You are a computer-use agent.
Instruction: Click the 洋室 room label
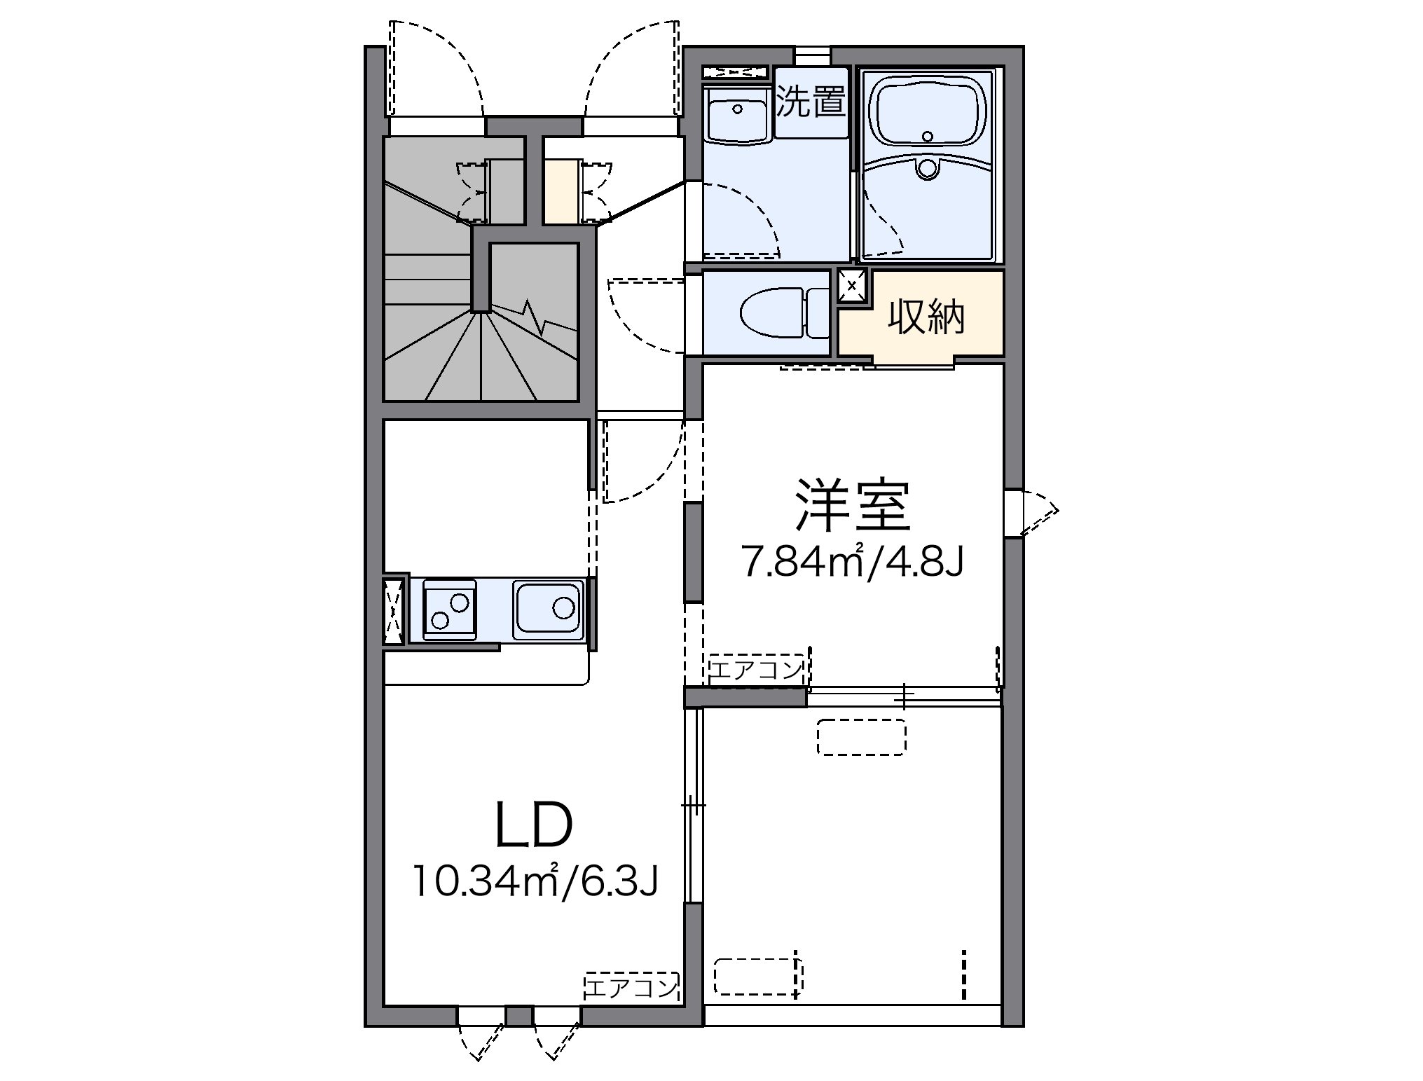tap(852, 506)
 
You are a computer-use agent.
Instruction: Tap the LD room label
tap(535, 825)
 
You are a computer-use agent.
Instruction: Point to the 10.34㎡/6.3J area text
tap(535, 881)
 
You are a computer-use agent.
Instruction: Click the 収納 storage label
tap(926, 317)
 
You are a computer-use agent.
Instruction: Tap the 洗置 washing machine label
tap(811, 102)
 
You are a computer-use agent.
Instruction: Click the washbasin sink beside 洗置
tap(737, 116)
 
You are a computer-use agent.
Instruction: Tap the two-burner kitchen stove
tap(450, 610)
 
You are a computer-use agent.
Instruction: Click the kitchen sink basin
tap(549, 609)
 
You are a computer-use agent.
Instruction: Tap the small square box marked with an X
tap(852, 285)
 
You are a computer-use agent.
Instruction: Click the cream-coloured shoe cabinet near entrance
tap(563, 191)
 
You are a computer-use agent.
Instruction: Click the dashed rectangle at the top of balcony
tap(862, 736)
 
